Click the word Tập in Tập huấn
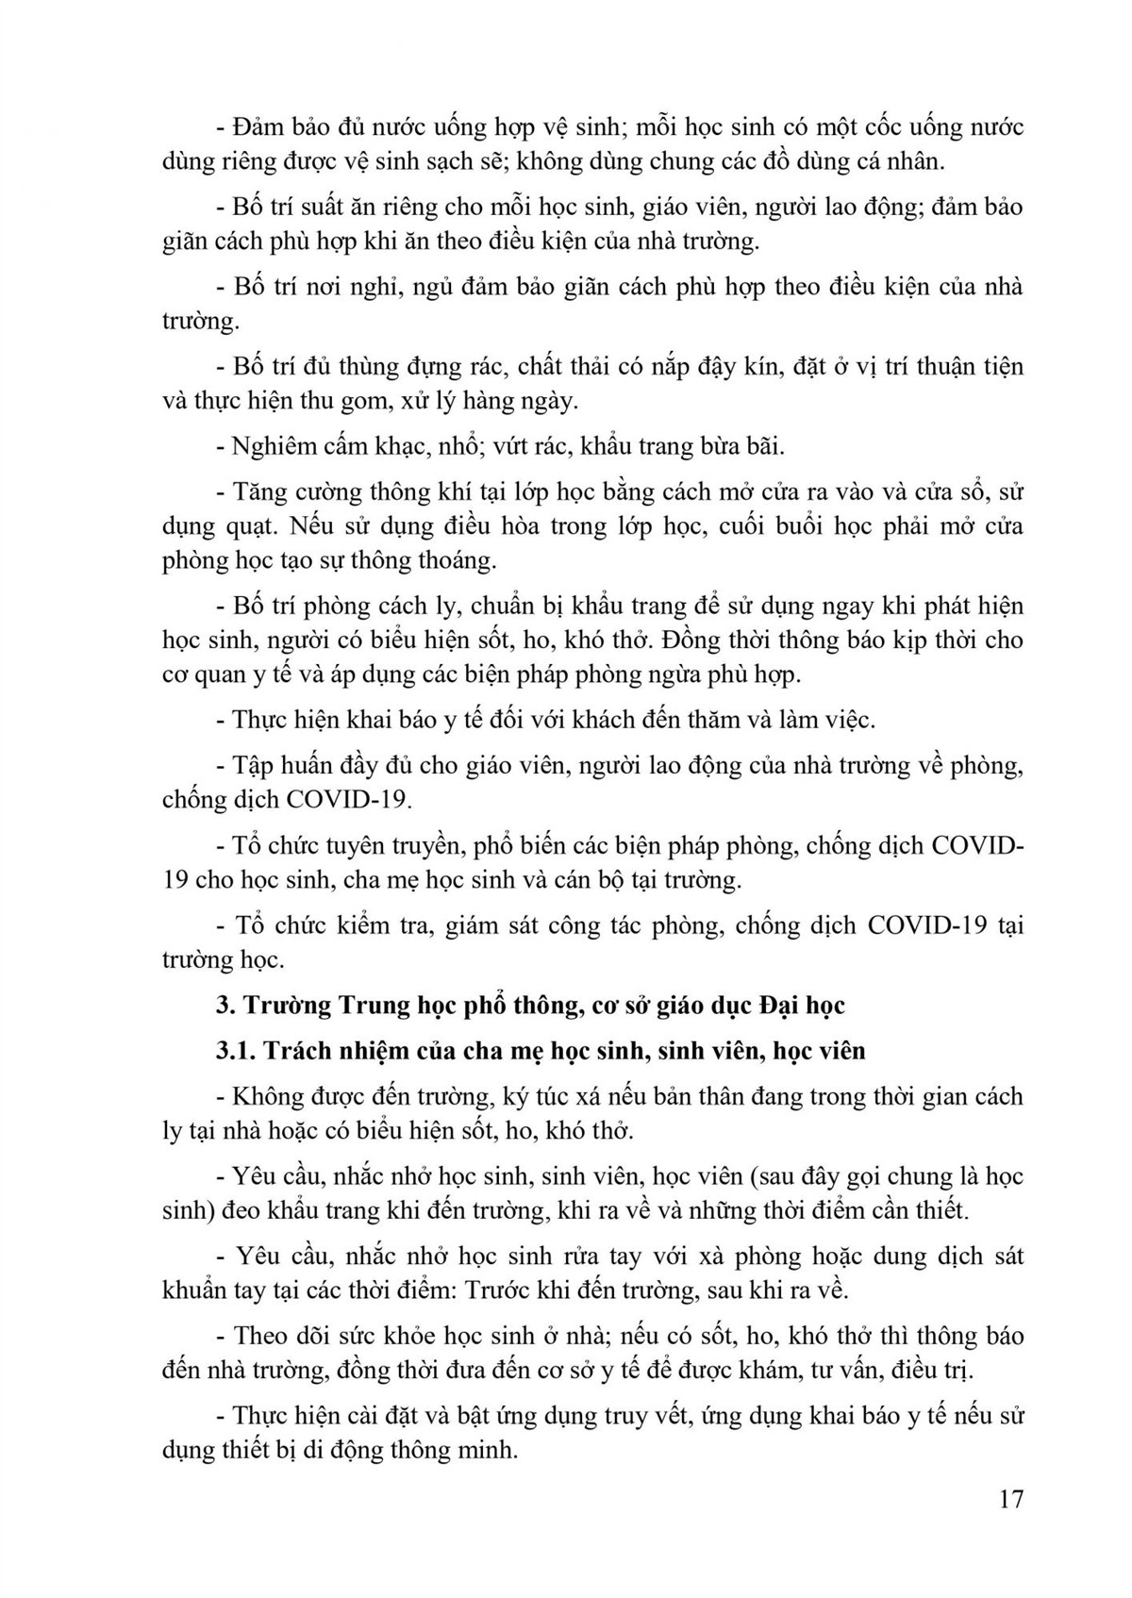(253, 765)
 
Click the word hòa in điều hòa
(521, 526)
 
